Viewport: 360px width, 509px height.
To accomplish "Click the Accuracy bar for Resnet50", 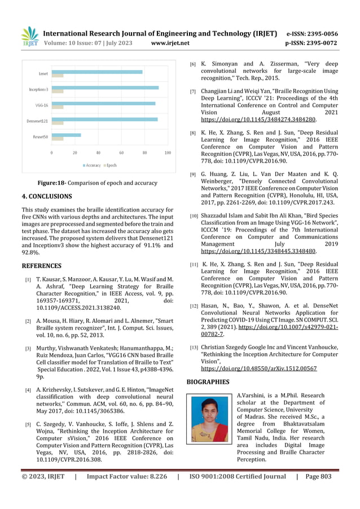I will tap(67, 135).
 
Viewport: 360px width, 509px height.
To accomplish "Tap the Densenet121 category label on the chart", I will tap(36, 120).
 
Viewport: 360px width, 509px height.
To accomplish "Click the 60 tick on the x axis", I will tap(121, 153).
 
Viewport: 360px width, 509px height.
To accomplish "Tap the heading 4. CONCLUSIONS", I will tap(47, 196).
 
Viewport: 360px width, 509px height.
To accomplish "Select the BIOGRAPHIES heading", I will tap(208, 382).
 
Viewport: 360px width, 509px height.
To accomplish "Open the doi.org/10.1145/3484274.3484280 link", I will tap(258, 119).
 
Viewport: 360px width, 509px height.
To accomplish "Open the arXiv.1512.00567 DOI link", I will tap(258, 368).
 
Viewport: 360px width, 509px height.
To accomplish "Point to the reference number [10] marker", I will tap(194, 216).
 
